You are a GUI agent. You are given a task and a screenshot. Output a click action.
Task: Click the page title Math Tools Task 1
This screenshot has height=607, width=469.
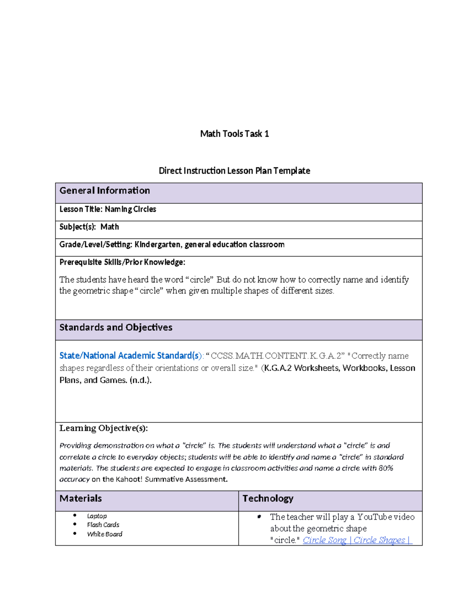(x=234, y=134)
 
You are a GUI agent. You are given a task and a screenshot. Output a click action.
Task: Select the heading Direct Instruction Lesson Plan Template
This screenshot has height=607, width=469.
(x=234, y=171)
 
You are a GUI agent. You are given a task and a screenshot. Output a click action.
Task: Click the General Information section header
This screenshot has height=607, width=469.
(x=104, y=191)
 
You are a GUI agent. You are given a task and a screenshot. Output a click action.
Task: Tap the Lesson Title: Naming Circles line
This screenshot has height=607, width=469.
(x=107, y=209)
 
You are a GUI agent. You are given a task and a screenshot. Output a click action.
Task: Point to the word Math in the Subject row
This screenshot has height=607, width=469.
(x=109, y=227)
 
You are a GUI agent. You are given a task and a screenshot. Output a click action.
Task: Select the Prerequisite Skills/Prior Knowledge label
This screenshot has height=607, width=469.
(x=122, y=262)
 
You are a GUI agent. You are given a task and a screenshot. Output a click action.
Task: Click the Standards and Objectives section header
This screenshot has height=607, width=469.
(x=116, y=328)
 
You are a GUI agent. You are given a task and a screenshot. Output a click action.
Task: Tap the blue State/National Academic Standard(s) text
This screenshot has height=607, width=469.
(x=129, y=356)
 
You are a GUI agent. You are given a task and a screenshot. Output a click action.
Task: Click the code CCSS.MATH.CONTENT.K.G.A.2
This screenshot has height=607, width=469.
(x=277, y=356)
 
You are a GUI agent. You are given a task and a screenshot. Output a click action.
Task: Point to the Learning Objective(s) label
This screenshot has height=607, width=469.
(x=103, y=428)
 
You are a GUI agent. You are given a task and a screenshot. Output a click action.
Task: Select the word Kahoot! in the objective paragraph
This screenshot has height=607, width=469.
(x=129, y=480)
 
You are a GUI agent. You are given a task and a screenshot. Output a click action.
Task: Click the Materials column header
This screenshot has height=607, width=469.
(x=81, y=499)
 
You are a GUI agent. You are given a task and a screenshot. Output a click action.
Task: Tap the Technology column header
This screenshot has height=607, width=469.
(x=268, y=499)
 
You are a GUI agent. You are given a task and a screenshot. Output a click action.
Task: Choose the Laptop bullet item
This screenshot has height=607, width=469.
(x=97, y=516)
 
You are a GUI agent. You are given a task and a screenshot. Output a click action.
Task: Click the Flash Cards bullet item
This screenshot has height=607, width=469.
(x=103, y=525)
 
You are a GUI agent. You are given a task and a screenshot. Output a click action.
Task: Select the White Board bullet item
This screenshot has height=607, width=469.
(x=104, y=534)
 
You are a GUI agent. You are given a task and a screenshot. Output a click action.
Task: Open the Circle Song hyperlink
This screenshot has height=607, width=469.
(x=324, y=540)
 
